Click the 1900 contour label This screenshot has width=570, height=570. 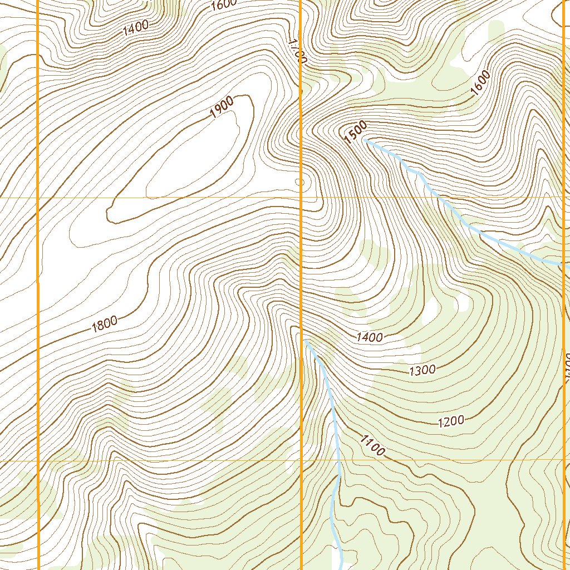pyautogui.click(x=222, y=107)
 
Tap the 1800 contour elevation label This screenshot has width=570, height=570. pyautogui.click(x=105, y=323)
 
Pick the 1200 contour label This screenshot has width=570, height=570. pyautogui.click(x=451, y=421)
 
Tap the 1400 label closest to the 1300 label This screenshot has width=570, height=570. pyautogui.click(x=370, y=337)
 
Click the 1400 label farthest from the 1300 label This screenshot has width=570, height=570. pyautogui.click(x=136, y=27)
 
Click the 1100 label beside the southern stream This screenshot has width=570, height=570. pyautogui.click(x=372, y=445)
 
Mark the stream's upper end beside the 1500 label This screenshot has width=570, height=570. pyautogui.click(x=365, y=141)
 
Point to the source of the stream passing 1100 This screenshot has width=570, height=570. pyautogui.click(x=305, y=340)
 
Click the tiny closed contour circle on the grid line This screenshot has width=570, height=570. pyautogui.click(x=300, y=181)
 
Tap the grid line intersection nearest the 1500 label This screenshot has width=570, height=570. pyautogui.click(x=301, y=198)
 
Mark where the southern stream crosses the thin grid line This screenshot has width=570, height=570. pyautogui.click(x=338, y=460)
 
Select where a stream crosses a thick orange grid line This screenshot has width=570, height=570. pyautogui.click(x=564, y=264)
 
